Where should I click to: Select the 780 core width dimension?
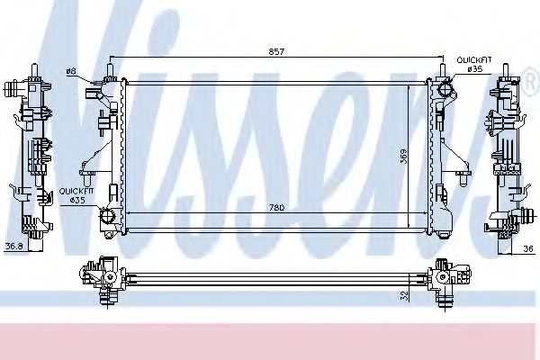[276, 209]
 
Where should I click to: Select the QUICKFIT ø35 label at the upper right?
[474, 64]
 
